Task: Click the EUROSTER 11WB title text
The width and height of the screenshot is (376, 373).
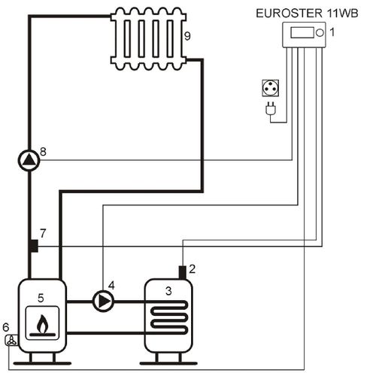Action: click(307, 14)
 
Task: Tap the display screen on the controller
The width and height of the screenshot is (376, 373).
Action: click(302, 33)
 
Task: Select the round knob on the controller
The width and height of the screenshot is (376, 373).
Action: click(320, 33)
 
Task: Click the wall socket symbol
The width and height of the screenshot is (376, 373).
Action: click(270, 88)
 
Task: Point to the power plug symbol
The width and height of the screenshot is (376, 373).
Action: click(271, 108)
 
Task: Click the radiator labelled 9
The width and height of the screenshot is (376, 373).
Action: click(149, 38)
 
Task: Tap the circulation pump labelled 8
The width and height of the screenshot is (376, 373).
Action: click(29, 160)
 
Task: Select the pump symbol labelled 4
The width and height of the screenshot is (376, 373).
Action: click(103, 301)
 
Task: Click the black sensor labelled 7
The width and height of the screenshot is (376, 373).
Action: click(34, 246)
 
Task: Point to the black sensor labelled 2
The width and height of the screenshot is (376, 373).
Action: click(182, 272)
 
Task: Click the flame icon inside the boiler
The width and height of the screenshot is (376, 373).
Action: click(42, 325)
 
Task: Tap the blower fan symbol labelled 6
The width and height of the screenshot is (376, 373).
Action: click(11, 340)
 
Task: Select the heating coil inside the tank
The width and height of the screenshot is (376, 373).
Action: click(169, 317)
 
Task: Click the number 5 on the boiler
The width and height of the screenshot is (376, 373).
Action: click(41, 298)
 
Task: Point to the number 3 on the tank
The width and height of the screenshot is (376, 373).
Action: click(168, 291)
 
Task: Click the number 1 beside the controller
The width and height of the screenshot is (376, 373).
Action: click(332, 32)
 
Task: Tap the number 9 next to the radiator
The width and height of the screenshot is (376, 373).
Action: click(187, 36)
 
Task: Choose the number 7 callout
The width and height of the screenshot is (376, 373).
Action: click(43, 233)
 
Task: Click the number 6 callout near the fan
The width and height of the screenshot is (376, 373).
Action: click(6, 327)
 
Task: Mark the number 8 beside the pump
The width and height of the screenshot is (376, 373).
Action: click(43, 151)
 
